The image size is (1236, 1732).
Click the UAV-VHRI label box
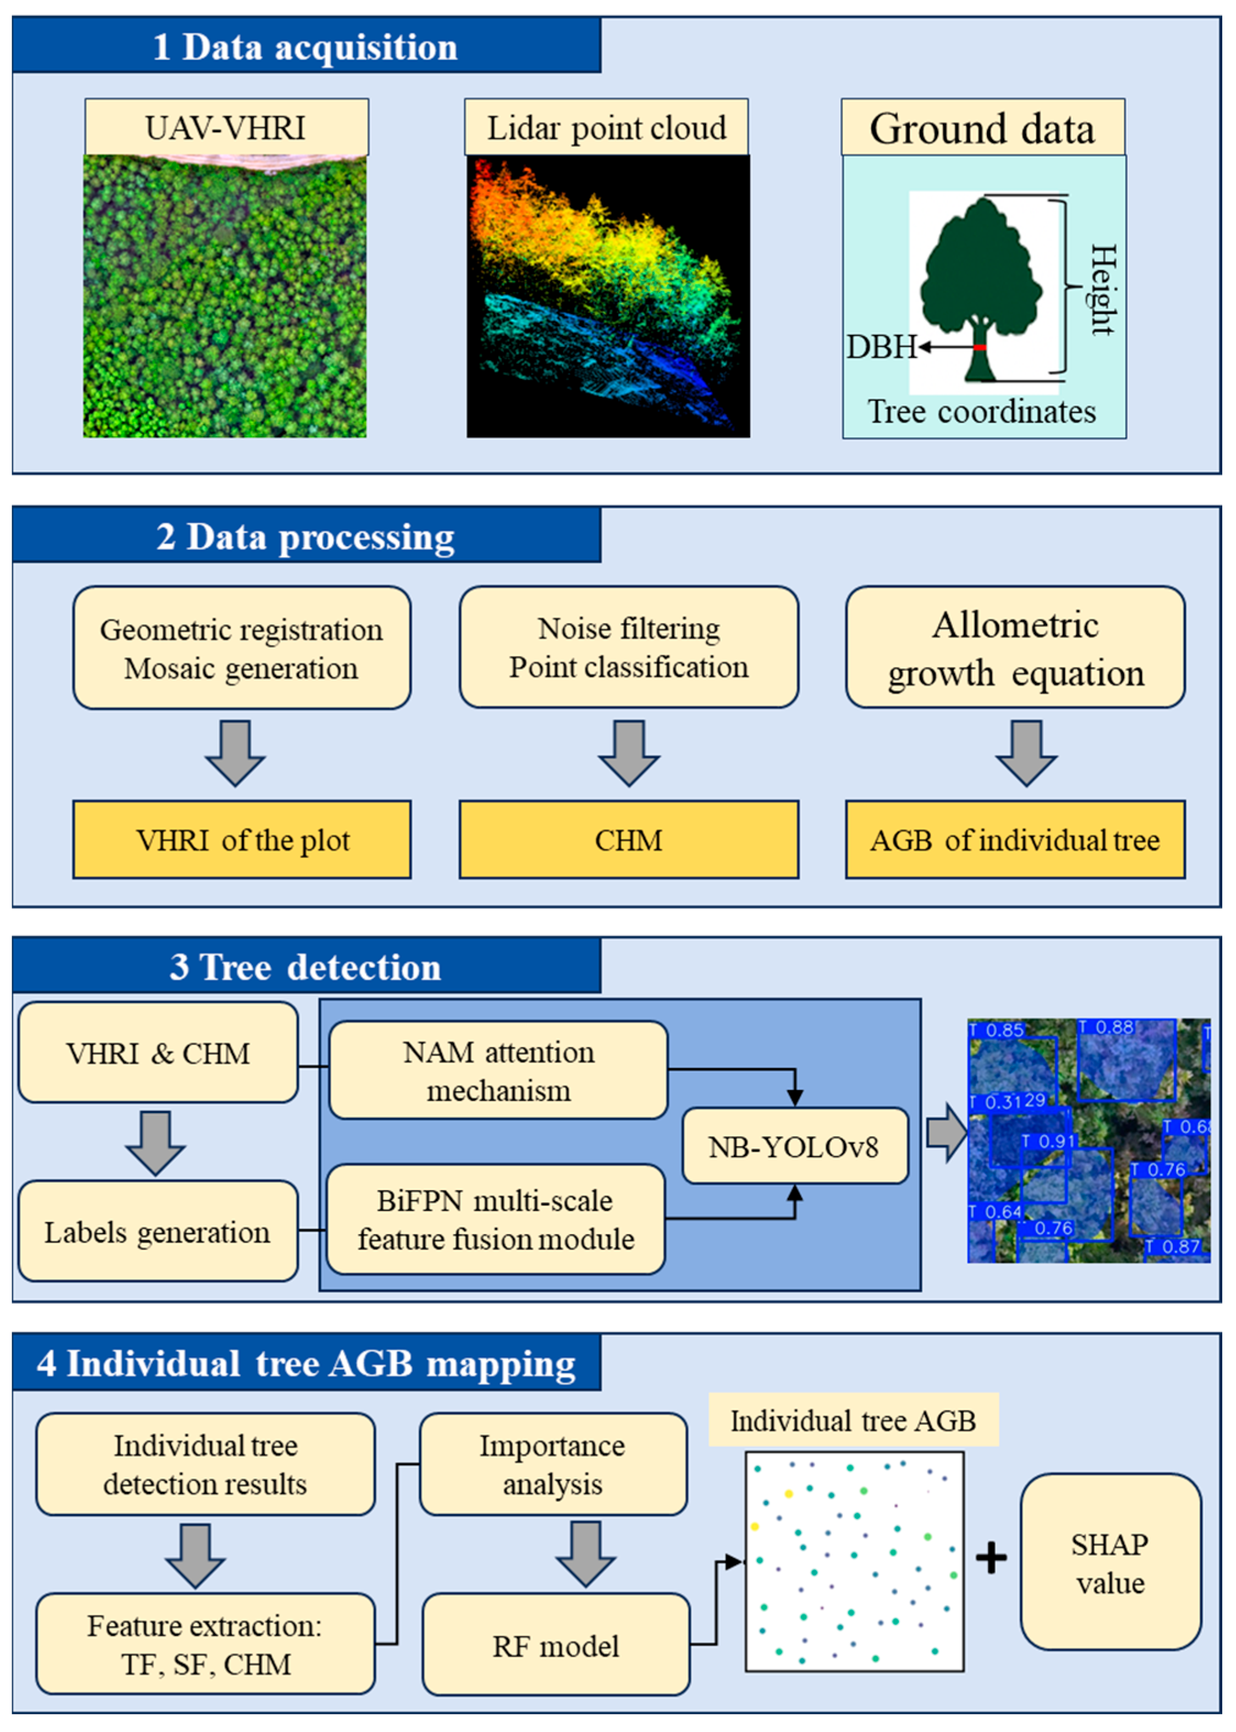click(x=226, y=127)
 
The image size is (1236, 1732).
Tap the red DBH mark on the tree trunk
click(x=980, y=347)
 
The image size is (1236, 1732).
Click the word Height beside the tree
click(x=1103, y=289)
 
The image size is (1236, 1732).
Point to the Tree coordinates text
click(x=982, y=412)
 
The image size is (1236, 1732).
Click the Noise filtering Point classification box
click(x=629, y=647)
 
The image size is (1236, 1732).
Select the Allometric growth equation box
click(x=1015, y=647)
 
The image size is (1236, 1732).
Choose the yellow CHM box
click(x=629, y=840)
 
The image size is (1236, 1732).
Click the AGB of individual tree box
click(x=1015, y=840)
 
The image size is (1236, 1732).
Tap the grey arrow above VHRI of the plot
click(x=235, y=752)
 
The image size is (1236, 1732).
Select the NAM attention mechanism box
click(x=498, y=1071)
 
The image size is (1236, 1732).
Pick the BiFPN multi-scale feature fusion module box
click(x=496, y=1220)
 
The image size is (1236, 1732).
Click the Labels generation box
click(x=157, y=1232)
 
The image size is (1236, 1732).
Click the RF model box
click(x=556, y=1646)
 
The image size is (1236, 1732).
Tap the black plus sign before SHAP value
click(x=991, y=1558)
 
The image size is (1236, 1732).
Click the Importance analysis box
click(x=553, y=1465)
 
